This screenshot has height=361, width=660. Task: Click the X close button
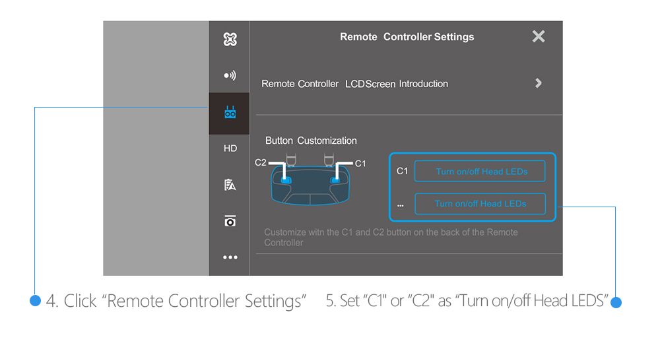(x=539, y=36)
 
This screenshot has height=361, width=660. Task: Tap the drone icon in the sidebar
(x=230, y=40)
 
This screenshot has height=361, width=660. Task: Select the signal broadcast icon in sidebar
(x=230, y=75)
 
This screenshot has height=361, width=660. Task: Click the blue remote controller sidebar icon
(x=230, y=112)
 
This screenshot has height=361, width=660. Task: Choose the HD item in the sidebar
(x=230, y=148)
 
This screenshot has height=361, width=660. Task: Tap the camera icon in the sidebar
(x=230, y=221)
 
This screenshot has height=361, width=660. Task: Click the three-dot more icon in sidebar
(x=230, y=257)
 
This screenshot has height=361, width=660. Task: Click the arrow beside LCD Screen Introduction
(x=539, y=83)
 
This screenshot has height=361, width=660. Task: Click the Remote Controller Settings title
(x=407, y=37)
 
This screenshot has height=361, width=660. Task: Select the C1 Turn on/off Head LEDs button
(x=480, y=171)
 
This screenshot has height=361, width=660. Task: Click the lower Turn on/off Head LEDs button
(x=480, y=204)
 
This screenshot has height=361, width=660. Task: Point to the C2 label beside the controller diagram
(x=261, y=162)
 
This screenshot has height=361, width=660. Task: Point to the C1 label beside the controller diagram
(x=360, y=164)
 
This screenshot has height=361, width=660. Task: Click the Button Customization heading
(x=311, y=141)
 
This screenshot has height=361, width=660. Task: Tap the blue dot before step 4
(x=36, y=300)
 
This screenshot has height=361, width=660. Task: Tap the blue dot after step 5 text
(x=616, y=302)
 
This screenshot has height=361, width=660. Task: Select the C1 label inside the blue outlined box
(x=402, y=171)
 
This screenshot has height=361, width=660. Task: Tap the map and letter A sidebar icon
(x=230, y=185)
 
